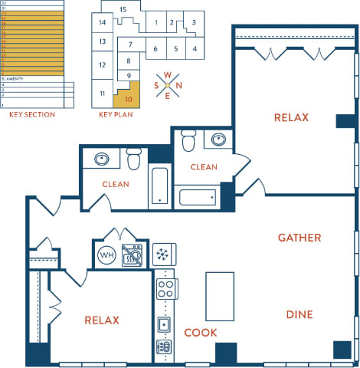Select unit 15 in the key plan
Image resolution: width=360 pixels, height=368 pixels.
122,10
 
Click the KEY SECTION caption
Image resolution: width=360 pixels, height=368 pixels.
31,114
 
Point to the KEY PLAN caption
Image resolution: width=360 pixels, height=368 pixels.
115,114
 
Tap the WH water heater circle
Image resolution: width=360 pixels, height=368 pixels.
106,255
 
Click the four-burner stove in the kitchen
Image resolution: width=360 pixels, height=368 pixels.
165,288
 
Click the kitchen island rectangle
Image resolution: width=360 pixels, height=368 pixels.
219,296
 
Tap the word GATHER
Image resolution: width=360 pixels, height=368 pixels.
299,238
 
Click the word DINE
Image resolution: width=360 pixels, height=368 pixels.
299,314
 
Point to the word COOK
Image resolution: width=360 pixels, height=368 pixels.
200,333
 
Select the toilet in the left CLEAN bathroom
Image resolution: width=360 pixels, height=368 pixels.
134,159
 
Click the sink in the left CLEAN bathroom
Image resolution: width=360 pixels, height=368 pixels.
103,159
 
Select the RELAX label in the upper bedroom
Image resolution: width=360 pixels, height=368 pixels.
291,117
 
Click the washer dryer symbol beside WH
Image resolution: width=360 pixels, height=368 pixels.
134,255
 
